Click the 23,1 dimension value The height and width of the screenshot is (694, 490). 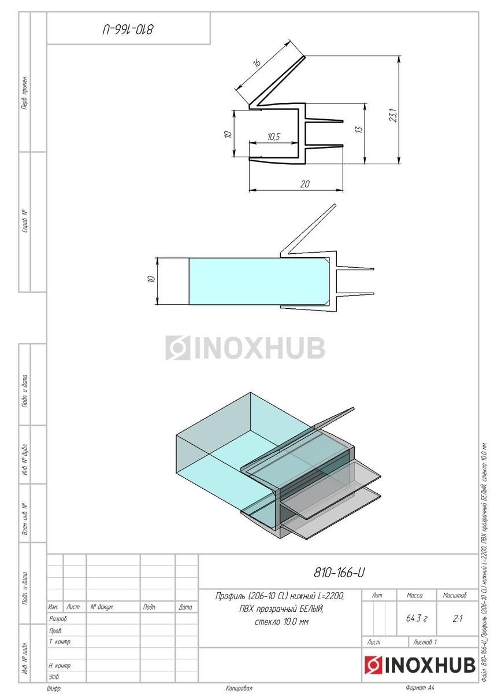tap(394, 115)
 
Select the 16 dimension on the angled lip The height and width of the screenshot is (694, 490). tap(257, 63)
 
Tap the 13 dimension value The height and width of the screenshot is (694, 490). tap(359, 130)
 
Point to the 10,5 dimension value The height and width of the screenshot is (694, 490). tap(273, 136)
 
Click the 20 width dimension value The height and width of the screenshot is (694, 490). tap(305, 184)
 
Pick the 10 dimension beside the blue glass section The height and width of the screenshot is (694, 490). tap(151, 279)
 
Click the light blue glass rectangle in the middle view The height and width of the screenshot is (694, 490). tap(259, 281)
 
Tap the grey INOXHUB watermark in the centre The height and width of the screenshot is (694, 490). tap(245, 348)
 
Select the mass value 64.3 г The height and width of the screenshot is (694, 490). tap(417, 619)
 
